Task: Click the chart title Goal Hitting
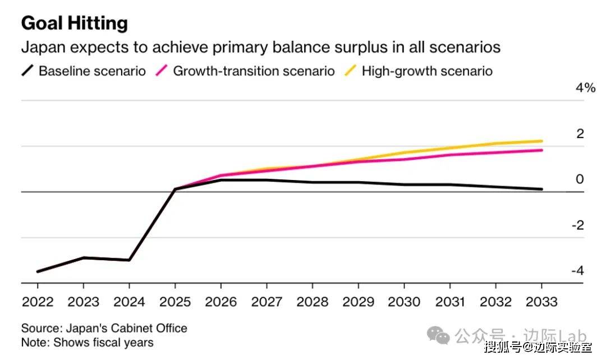point(75,23)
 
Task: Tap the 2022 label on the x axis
point(38,302)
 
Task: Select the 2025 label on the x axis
point(175,302)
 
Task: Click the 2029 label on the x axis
point(358,302)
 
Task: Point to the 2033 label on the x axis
point(541,302)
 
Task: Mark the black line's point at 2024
point(129,260)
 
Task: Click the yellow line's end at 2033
point(541,141)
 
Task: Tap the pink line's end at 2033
point(541,150)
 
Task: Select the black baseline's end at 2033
point(541,189)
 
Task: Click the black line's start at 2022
point(38,271)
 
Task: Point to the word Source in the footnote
point(40,328)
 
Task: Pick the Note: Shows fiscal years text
point(87,341)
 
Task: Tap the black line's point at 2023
point(83,258)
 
